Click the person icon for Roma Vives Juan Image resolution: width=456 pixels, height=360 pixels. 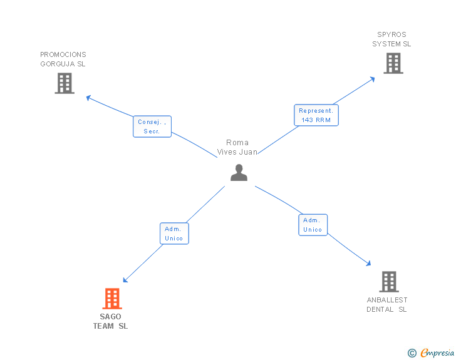pyautogui.click(x=239, y=173)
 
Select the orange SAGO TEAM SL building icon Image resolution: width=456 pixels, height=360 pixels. pyautogui.click(x=111, y=299)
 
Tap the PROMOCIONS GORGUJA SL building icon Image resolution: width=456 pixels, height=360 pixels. pyautogui.click(x=64, y=83)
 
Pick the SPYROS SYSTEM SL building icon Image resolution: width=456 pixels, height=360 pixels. pyautogui.click(x=393, y=63)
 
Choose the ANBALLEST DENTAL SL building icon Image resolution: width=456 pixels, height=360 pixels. pyautogui.click(x=388, y=282)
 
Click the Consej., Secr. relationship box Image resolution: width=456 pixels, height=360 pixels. pyautogui.click(x=152, y=126)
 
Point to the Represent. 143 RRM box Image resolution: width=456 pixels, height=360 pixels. pyautogui.click(x=316, y=115)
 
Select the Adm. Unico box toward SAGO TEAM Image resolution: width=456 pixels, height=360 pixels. pyautogui.click(x=174, y=234)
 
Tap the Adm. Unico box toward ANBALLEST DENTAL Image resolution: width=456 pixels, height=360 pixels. pyautogui.click(x=312, y=225)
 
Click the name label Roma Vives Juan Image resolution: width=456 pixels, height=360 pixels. pyautogui.click(x=237, y=147)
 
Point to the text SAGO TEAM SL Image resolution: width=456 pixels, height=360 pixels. pyautogui.click(x=110, y=321)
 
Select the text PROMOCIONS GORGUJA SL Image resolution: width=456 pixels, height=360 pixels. pyautogui.click(x=63, y=59)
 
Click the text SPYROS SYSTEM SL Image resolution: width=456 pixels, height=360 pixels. pyautogui.click(x=391, y=39)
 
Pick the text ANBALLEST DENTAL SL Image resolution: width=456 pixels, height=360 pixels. pyautogui.click(x=387, y=305)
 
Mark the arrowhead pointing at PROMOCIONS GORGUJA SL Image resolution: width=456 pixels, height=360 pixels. pyautogui.click(x=88, y=97)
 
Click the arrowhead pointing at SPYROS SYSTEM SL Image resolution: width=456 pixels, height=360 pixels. pyautogui.click(x=373, y=78)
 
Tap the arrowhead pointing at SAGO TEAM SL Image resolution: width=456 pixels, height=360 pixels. pyautogui.click(x=125, y=280)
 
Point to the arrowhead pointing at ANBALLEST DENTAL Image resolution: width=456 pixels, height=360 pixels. pyautogui.click(x=369, y=264)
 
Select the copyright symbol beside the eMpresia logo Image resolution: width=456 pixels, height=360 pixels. pyautogui.click(x=412, y=353)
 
